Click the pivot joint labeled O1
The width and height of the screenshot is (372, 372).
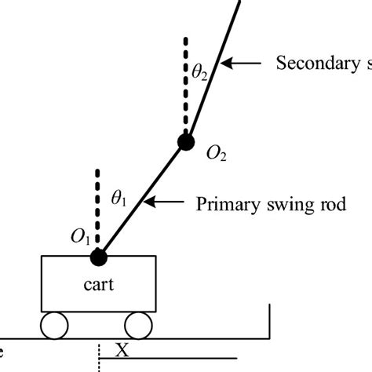98,256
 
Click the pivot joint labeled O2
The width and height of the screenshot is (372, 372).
186,142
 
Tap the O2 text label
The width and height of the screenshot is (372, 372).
217,155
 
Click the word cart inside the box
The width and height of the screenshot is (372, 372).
98,284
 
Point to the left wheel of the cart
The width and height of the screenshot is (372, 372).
55,326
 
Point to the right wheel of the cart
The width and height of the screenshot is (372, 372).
138,326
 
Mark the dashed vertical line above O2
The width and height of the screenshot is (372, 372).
186,82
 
